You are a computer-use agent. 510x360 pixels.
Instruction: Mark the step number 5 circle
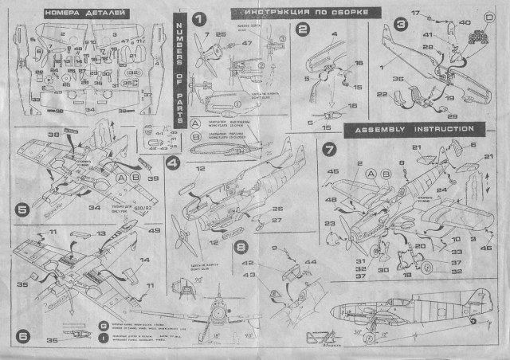point(23,209)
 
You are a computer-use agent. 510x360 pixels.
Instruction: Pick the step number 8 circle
point(241,247)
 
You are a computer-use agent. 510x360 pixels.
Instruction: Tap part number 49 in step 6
point(154,232)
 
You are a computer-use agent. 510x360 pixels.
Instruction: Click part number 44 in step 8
point(310,262)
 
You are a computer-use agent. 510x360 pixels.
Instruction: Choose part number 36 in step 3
point(398,79)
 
